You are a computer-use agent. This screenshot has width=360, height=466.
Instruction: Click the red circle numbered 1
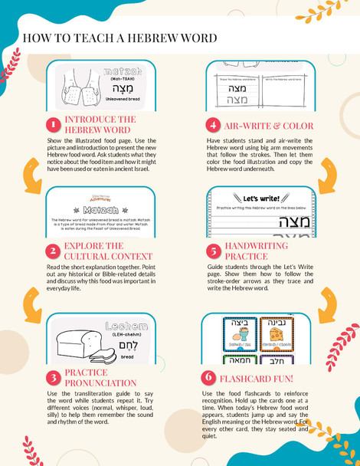pyautogui.click(x=53, y=125)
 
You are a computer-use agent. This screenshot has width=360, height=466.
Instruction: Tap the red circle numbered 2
pyautogui.click(x=53, y=251)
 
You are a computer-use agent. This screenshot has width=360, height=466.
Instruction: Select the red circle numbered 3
pyautogui.click(x=53, y=377)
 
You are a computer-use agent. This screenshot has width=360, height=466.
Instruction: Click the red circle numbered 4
pyautogui.click(x=211, y=125)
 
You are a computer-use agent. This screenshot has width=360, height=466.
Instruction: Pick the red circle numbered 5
pyautogui.click(x=211, y=251)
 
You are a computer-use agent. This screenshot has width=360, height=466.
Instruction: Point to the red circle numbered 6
pyautogui.click(x=208, y=378)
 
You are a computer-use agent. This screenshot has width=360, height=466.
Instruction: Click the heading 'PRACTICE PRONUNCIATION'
pyautogui.click(x=100, y=377)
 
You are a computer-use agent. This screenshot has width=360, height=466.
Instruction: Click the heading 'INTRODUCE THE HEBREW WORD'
pyautogui.click(x=100, y=125)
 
